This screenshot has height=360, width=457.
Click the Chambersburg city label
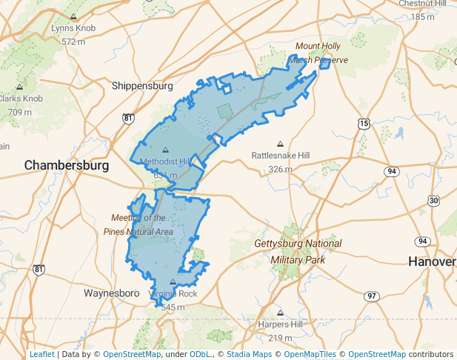coord(67,164)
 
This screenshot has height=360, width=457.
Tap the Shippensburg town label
coord(142,86)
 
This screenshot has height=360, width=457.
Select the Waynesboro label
coord(112,293)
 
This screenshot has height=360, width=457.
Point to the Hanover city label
coord(432,261)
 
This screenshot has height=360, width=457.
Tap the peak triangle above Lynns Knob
coord(73,16)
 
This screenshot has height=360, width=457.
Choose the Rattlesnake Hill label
coord(281,156)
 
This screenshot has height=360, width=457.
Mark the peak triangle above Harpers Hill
coord(281,313)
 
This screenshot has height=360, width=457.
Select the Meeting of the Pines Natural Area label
coord(142,224)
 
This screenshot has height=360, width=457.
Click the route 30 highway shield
coord(433,201)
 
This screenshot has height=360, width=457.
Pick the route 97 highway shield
coord(371,296)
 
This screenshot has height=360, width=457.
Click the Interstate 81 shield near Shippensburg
coord(129,118)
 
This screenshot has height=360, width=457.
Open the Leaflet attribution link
coord(41,354)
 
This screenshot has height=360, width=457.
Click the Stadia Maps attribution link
coord(251,354)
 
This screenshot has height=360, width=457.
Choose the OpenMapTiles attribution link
coord(313,354)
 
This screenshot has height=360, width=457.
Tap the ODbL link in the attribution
coord(200,354)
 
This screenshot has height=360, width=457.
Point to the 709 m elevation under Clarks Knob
coord(19,112)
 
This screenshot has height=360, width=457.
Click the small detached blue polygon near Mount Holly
coord(324,64)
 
